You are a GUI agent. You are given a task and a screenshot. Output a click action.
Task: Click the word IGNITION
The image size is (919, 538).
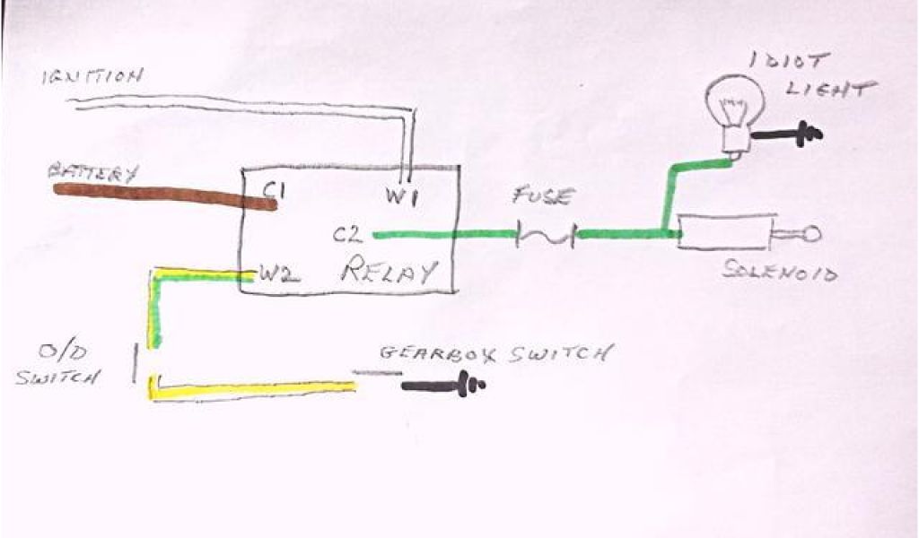click(x=92, y=77)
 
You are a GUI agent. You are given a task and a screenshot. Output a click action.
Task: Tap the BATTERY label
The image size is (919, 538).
click(x=93, y=172)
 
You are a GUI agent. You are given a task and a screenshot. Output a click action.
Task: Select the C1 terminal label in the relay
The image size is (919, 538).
click(x=275, y=189)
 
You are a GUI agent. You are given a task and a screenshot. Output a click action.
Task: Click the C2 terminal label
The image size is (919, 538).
click(x=347, y=236)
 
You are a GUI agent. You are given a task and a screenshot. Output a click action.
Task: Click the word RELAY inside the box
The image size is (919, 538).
click(x=389, y=270)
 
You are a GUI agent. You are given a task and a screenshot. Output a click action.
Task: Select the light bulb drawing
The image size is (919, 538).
click(x=731, y=108)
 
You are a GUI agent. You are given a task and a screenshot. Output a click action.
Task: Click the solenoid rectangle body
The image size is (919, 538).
click(x=725, y=231)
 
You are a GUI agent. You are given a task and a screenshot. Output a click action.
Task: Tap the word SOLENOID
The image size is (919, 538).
click(x=780, y=271)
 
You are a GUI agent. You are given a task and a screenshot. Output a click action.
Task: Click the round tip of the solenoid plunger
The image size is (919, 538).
click(x=811, y=236)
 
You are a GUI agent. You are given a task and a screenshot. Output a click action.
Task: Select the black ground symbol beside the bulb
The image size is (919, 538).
click(x=790, y=135)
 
